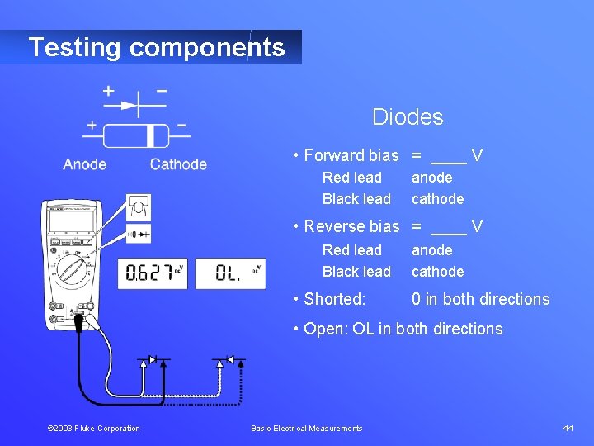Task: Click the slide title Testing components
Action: click(156, 47)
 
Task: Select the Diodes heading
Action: click(408, 117)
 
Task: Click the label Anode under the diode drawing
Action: click(85, 164)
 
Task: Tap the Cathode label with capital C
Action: click(178, 164)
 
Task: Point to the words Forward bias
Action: click(351, 155)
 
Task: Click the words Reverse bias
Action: click(351, 226)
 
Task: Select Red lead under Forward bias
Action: click(351, 178)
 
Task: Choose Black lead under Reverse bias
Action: click(356, 272)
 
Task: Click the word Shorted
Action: click(334, 299)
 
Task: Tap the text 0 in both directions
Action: click(480, 299)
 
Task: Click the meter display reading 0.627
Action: click(152, 273)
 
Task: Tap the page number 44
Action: click(568, 428)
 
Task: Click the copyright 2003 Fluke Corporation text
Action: click(93, 428)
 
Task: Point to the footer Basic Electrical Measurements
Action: click(306, 428)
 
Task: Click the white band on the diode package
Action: click(152, 135)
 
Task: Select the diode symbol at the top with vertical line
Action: click(131, 105)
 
